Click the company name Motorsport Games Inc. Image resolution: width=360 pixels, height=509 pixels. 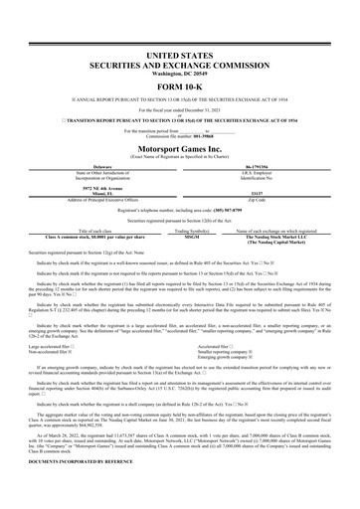click(179, 146)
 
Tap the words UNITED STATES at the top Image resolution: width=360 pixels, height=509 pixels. click(179, 50)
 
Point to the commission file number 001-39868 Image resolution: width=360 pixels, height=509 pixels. click(196, 135)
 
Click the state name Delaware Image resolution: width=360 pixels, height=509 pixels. click(87, 167)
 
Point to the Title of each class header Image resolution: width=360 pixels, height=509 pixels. click(87, 231)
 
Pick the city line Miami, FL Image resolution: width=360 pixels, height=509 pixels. click(87, 193)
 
